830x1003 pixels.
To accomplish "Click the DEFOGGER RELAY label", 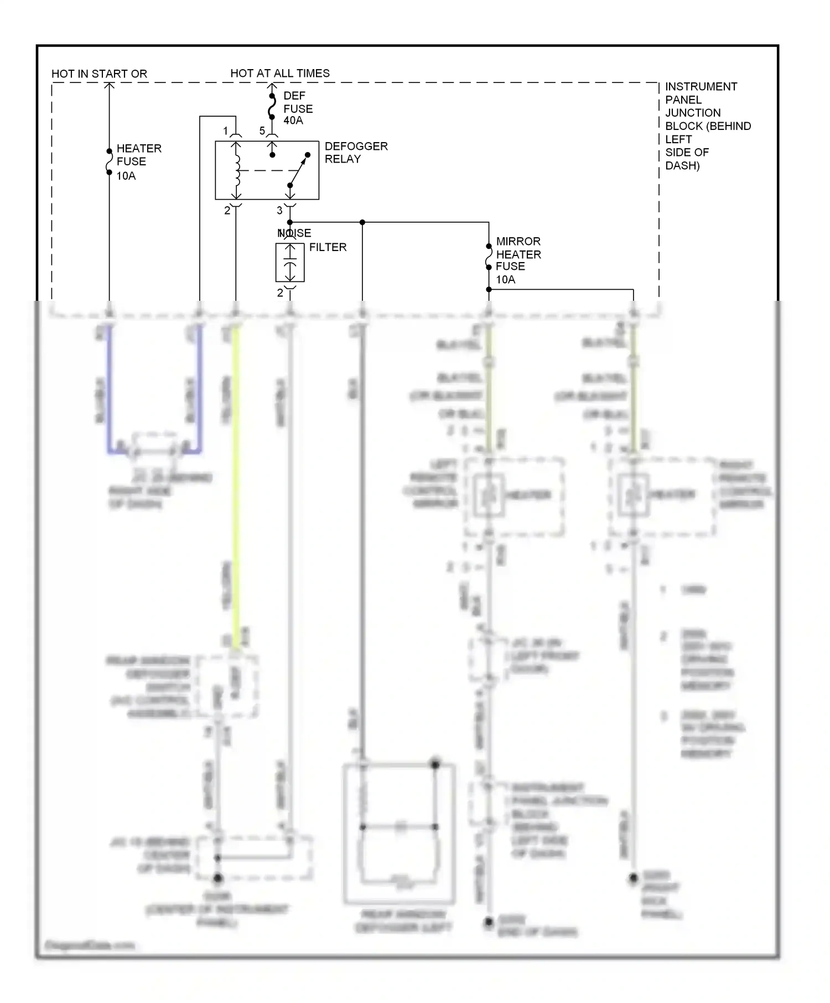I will [x=356, y=153].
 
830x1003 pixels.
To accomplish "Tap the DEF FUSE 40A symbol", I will [x=272, y=107].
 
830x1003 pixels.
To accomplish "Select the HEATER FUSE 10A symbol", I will [x=109, y=161].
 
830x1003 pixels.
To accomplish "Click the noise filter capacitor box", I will [x=290, y=262].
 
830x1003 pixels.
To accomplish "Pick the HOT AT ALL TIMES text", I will [x=280, y=73].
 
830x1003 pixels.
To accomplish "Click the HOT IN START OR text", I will [x=99, y=74].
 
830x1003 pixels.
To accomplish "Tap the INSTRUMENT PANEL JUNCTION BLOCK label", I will [x=707, y=126].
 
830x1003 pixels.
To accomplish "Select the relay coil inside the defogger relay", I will [x=236, y=170].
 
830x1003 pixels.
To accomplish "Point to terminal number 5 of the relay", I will [x=262, y=132].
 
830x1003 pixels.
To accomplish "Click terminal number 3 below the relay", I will [x=279, y=211].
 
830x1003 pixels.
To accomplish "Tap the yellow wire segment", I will [x=236, y=487].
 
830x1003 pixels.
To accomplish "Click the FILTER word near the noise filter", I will [x=328, y=247].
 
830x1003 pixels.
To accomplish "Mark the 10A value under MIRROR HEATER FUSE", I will [x=505, y=279].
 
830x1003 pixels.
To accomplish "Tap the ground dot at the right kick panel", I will [x=634, y=878].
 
